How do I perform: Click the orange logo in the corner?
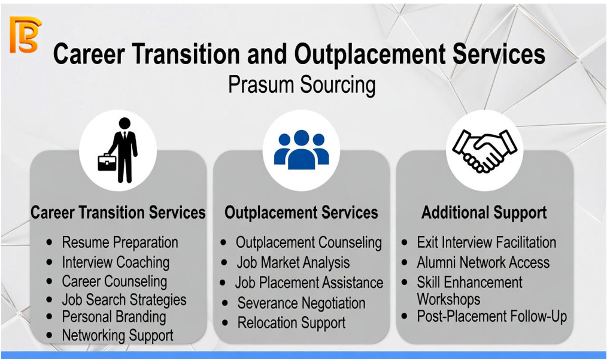tap(25, 35)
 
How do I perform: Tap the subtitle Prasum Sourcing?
tap(302, 85)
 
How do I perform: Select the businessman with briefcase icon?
tap(118, 150)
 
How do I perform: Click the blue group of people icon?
tap(301, 150)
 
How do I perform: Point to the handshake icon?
tap(484, 151)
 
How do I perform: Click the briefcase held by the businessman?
tap(107, 162)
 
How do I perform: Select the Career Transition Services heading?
tap(118, 213)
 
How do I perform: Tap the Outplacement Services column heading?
tap(301, 213)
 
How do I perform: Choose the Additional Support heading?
tap(484, 213)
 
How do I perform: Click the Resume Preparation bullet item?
tap(120, 243)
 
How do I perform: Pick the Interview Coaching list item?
tap(116, 262)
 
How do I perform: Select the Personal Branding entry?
tap(114, 317)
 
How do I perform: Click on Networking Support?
tap(118, 335)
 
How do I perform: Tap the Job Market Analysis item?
tap(293, 263)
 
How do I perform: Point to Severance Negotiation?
tap(301, 303)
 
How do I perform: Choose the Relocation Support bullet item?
tap(292, 323)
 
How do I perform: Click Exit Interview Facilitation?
tap(486, 243)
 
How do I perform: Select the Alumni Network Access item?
tap(483, 262)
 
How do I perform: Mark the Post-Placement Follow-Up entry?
tap(491, 316)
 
